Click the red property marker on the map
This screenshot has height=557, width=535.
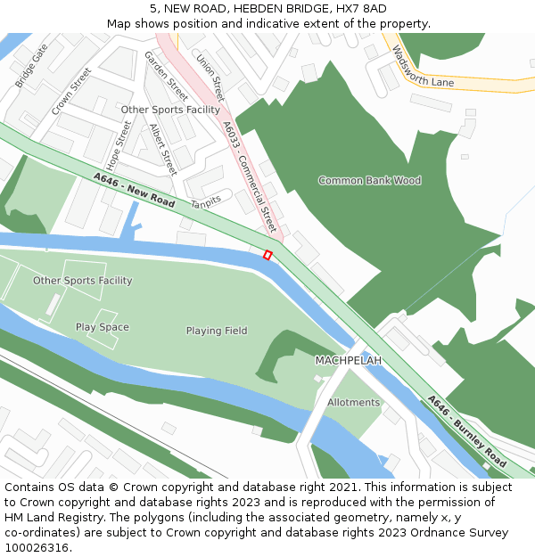coord(267,256)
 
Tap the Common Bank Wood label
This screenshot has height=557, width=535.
coord(369,181)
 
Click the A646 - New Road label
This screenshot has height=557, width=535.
coord(134,190)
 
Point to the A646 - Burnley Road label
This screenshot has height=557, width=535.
coord(466,431)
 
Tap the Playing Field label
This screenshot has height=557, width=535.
coord(217,331)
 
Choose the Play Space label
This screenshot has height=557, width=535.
coord(102,327)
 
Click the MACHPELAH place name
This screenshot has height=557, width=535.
coord(348,360)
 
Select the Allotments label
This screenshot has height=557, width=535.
coord(353,403)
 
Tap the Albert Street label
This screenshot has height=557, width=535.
coord(162,148)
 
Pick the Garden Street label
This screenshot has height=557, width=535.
coord(166,76)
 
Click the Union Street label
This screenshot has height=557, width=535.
coord(211,78)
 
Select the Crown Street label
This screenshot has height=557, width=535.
coord(71,91)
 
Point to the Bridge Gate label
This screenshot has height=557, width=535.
coord(31,66)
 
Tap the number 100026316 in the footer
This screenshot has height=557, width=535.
coord(37,548)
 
